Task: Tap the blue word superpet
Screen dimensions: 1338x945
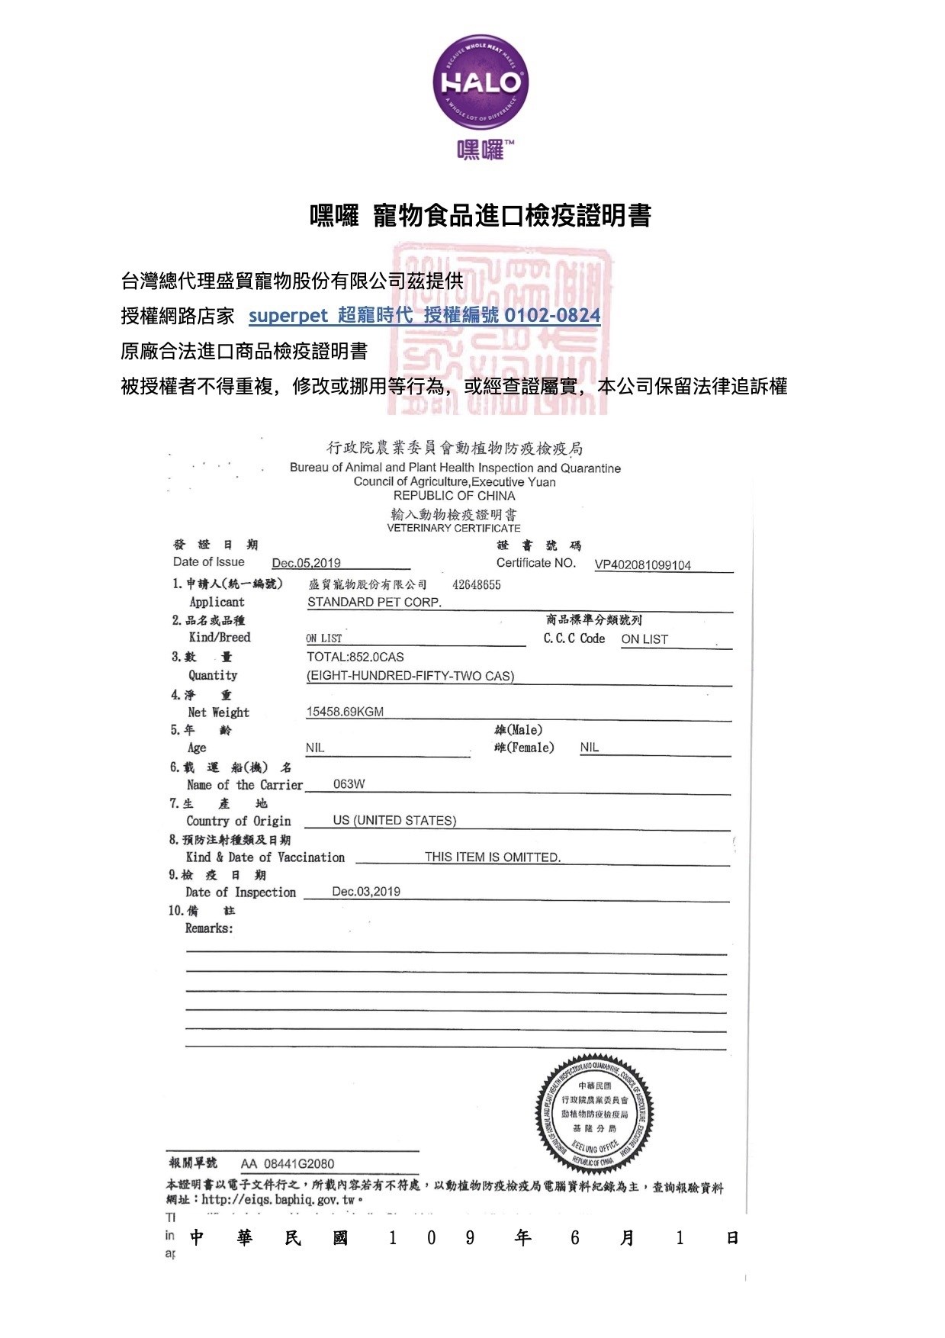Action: (288, 316)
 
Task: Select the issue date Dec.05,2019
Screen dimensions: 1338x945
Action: (306, 563)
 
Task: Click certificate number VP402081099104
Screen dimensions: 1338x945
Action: (642, 565)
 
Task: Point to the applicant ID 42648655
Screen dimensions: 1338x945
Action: (477, 585)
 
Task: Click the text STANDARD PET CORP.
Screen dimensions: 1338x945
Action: (374, 602)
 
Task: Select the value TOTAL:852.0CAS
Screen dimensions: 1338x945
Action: (355, 657)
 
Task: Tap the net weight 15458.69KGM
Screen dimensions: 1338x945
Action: (345, 712)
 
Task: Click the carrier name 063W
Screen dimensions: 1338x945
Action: (349, 784)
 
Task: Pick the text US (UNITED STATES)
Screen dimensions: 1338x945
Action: (394, 821)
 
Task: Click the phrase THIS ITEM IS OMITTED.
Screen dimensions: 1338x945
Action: (493, 857)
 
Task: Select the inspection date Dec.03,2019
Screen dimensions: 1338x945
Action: (366, 892)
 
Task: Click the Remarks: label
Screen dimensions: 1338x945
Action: (209, 928)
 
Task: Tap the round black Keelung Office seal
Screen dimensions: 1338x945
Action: (595, 1114)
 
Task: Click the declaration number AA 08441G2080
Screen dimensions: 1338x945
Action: (288, 1163)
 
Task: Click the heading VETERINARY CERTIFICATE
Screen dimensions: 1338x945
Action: (454, 528)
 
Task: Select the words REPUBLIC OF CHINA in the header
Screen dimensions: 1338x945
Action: (454, 496)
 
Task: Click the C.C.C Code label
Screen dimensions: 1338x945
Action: (574, 638)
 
